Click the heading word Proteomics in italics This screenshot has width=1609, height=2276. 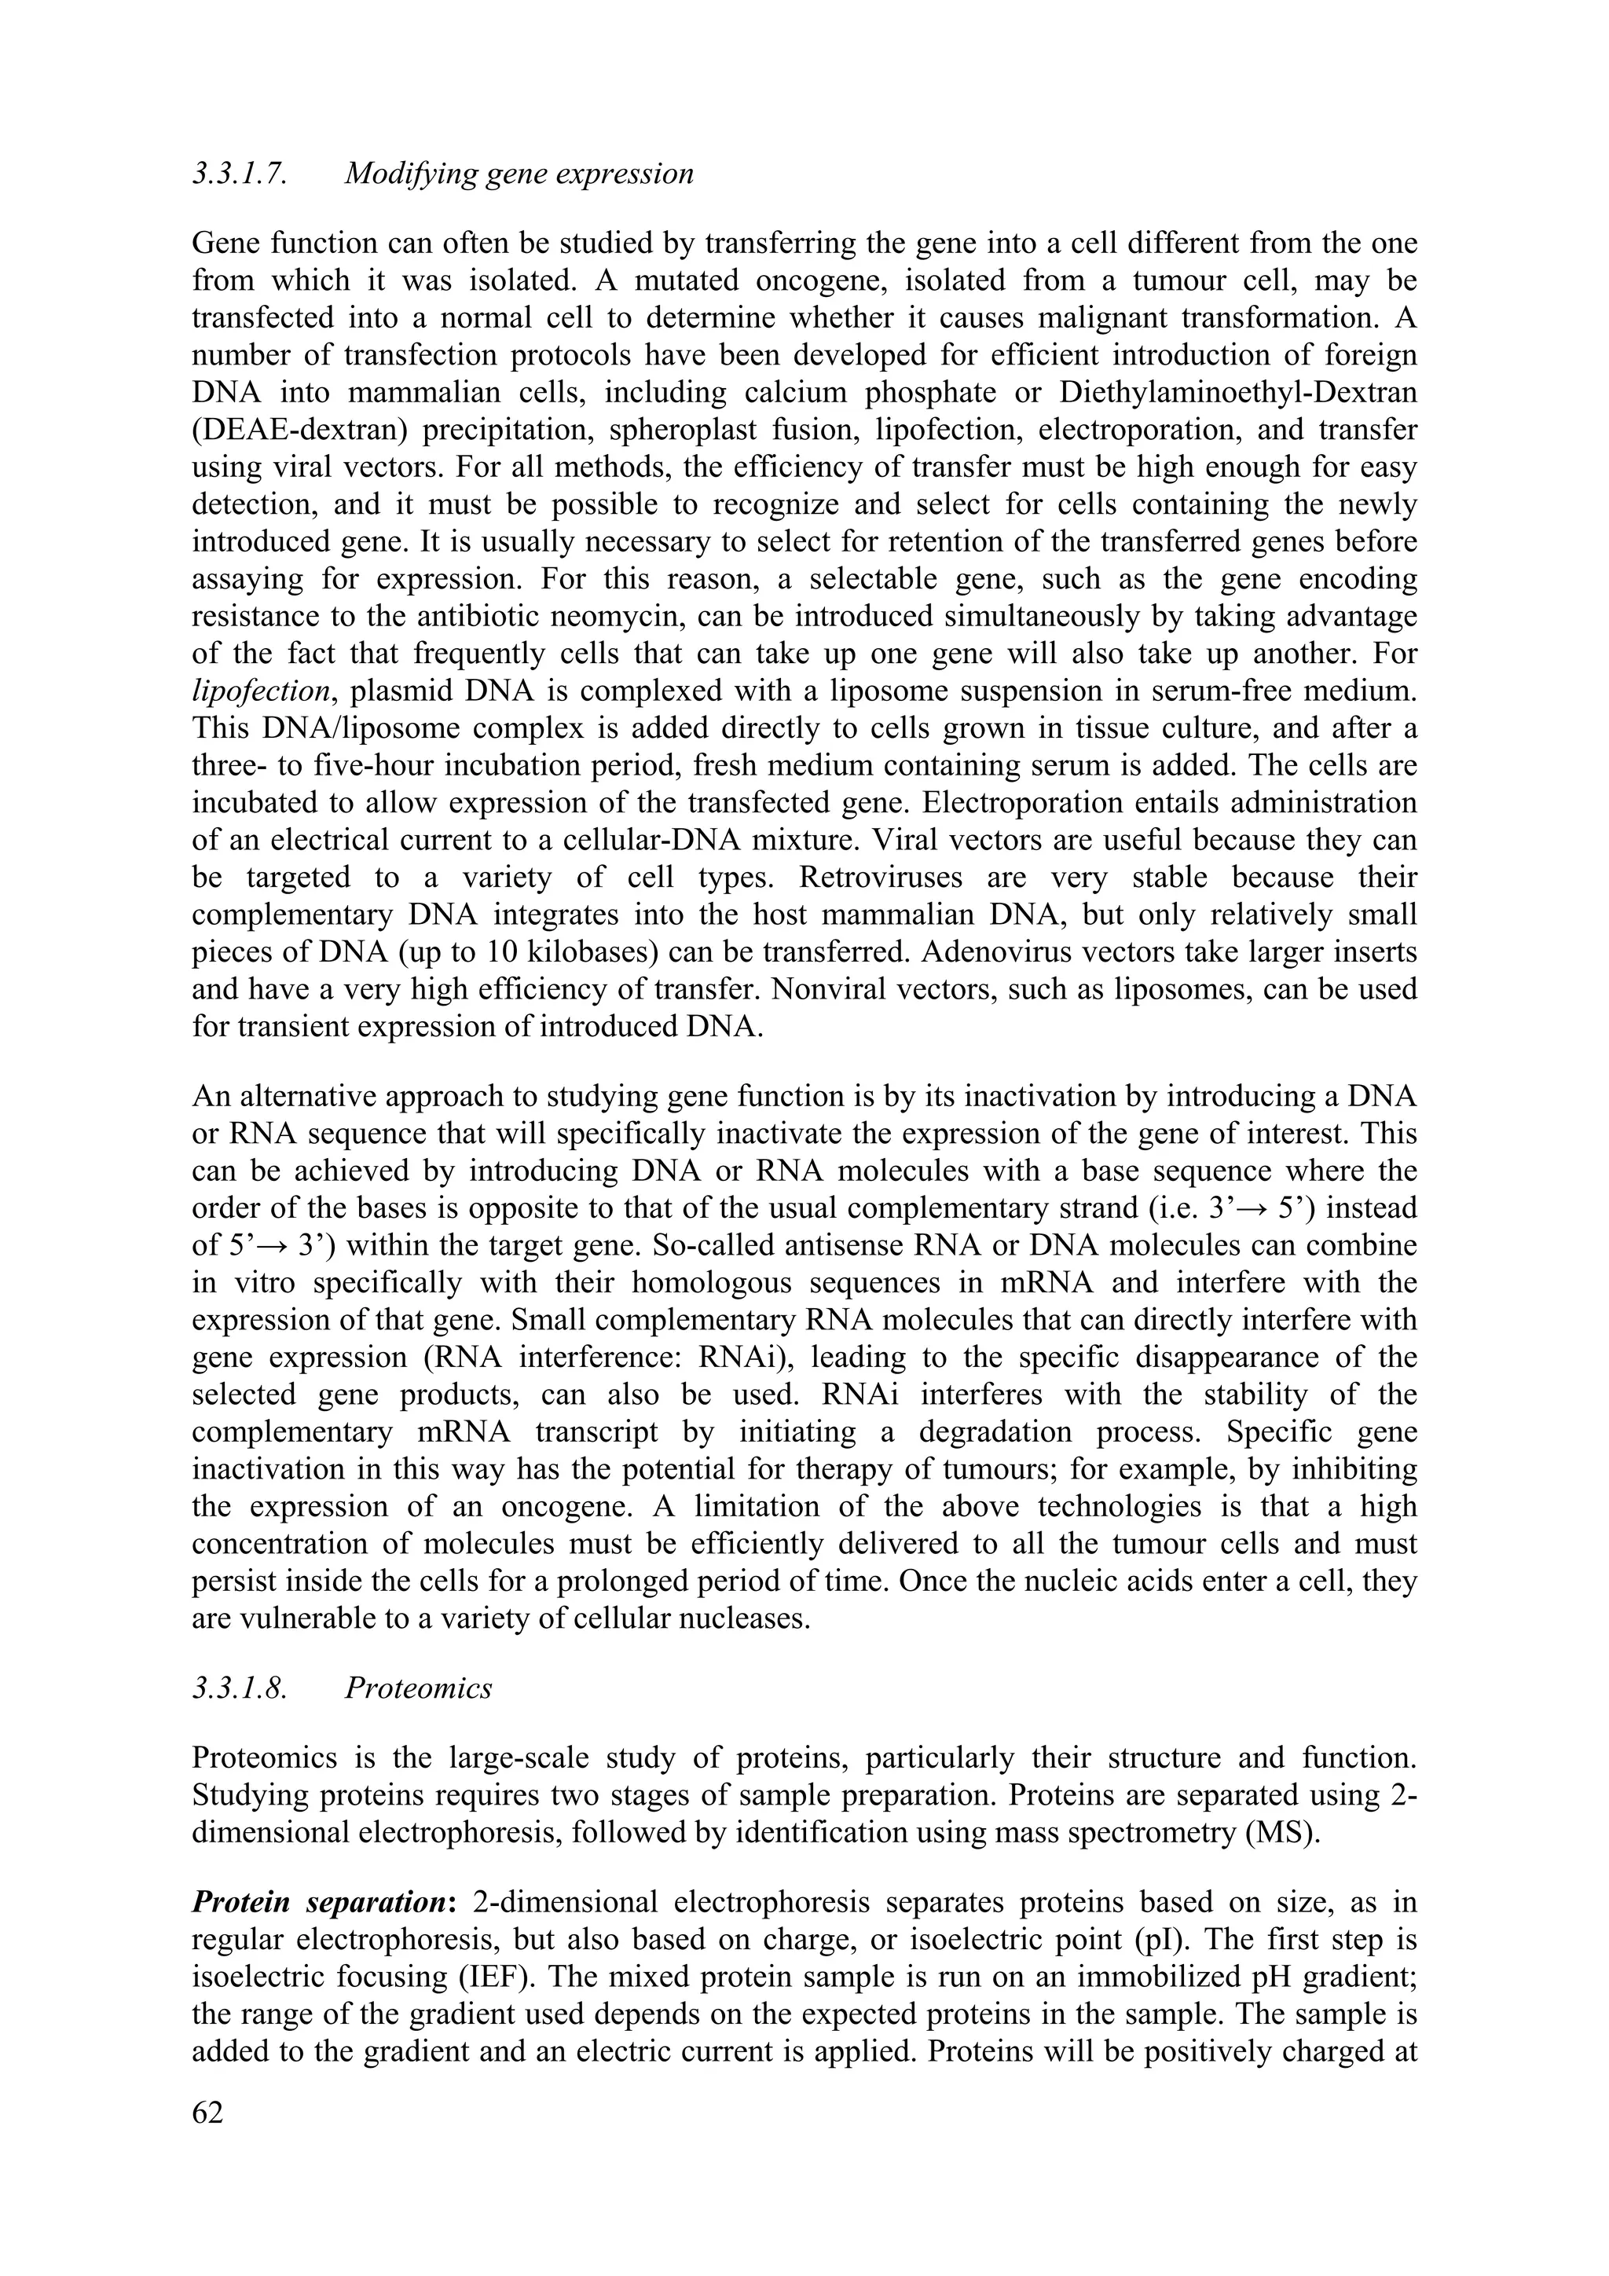click(419, 1688)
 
